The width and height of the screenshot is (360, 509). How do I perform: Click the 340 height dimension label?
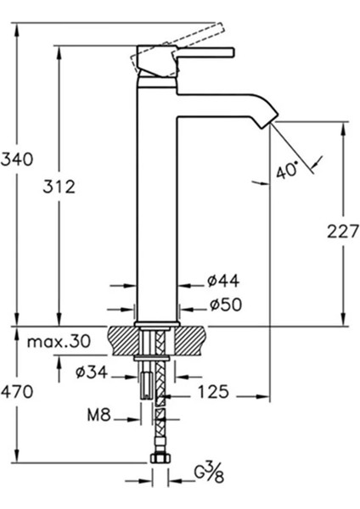tap(18, 159)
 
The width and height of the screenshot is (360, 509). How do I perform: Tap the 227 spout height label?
tap(343, 230)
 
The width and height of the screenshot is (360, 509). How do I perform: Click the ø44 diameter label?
tap(222, 281)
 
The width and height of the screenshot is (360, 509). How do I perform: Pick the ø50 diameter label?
tap(222, 305)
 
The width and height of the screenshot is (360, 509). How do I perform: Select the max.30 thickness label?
tap(57, 342)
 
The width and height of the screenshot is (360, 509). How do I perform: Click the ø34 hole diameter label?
tap(92, 371)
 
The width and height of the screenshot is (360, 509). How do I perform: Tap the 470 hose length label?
tap(18, 392)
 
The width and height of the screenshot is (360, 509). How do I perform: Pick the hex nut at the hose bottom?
tap(156, 461)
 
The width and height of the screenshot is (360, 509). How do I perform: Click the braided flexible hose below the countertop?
tap(156, 416)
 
